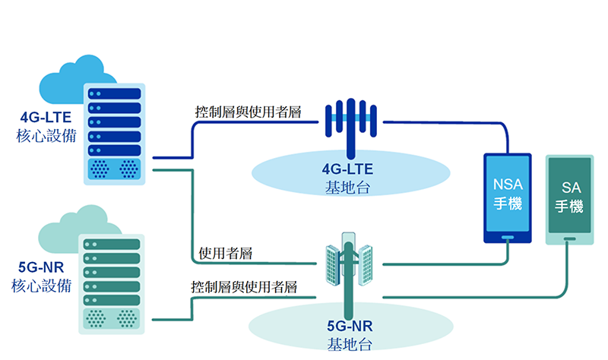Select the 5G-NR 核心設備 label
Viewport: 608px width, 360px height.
click(x=42, y=277)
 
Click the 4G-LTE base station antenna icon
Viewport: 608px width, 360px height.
click(x=350, y=122)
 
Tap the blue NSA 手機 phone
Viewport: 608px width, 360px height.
click(x=508, y=197)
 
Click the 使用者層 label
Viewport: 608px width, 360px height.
click(x=225, y=253)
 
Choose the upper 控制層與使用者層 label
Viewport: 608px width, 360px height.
click(x=247, y=112)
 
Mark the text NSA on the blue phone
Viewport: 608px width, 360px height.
click(x=508, y=185)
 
